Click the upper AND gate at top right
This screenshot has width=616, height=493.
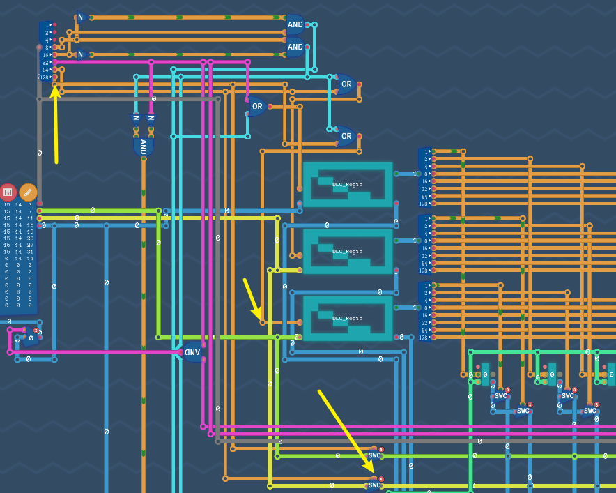[295, 24]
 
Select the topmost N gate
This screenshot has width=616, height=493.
[80, 17]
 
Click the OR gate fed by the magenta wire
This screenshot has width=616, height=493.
[257, 107]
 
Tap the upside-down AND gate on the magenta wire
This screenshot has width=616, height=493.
[192, 352]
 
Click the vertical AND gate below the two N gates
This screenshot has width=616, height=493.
[143, 146]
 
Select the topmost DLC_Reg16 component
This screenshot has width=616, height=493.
[348, 185]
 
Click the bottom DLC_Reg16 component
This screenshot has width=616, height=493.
[348, 318]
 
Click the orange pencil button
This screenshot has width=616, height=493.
[28, 192]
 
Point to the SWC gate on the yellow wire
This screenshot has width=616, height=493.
[375, 485]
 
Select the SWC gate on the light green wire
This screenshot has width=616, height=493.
[375, 455]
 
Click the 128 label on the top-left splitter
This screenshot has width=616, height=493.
[45, 77]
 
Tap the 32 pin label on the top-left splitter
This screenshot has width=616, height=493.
[45, 62]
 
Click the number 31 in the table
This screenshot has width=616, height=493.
[30, 252]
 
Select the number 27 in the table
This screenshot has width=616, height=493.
[30, 245]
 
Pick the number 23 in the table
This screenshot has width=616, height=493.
[30, 238]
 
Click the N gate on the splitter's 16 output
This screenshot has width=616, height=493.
[80, 54]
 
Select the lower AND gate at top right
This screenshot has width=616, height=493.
[295, 47]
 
